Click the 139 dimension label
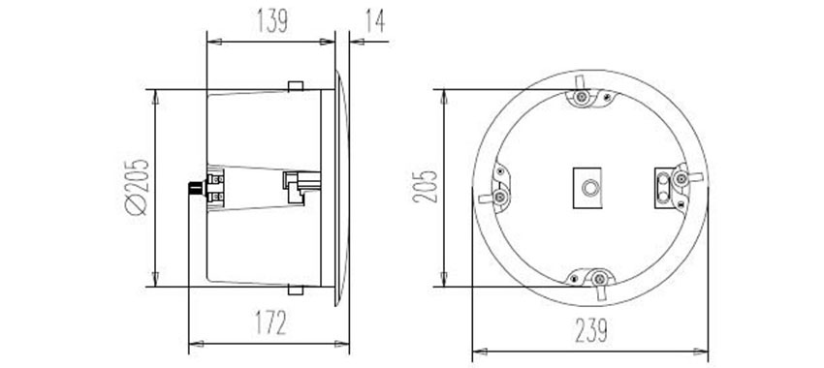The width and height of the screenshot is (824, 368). click(x=272, y=21)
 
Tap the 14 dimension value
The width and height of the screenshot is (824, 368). click(x=375, y=21)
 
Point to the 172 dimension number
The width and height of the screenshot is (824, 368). click(x=271, y=322)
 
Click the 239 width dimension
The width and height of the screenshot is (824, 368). click(x=591, y=331)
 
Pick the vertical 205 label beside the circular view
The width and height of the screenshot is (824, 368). click(x=425, y=186)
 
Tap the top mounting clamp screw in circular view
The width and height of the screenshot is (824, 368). click(x=581, y=97)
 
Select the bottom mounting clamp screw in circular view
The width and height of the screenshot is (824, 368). click(x=599, y=279)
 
